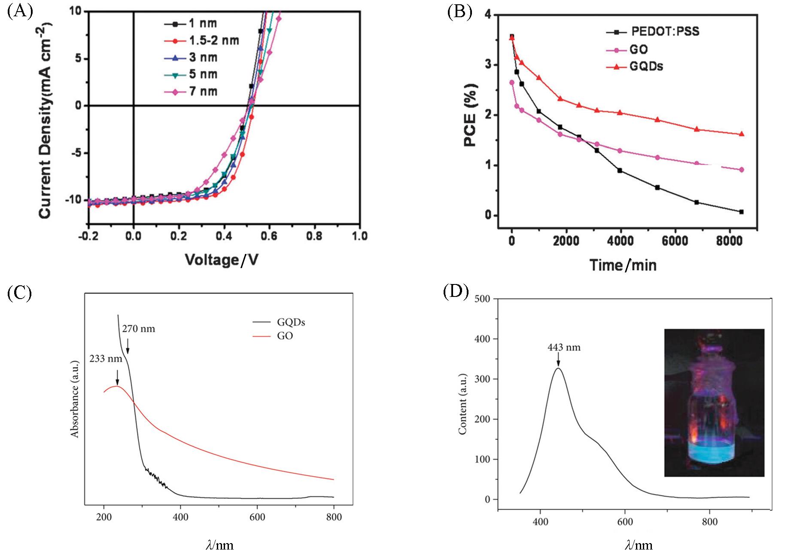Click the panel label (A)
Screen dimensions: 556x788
(20, 11)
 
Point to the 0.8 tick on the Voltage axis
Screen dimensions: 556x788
(314, 236)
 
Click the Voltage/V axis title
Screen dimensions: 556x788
(222, 260)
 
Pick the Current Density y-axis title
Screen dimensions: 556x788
(45, 121)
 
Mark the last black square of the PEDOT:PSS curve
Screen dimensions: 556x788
(741, 212)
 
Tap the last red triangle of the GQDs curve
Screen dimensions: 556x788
(741, 134)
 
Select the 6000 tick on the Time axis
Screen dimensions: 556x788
(674, 241)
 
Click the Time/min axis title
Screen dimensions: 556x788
(623, 265)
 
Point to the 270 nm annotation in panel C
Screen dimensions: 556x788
(138, 329)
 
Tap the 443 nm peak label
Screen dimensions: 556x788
(563, 347)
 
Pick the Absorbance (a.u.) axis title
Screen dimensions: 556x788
(75, 399)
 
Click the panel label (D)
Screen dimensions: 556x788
(456, 291)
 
